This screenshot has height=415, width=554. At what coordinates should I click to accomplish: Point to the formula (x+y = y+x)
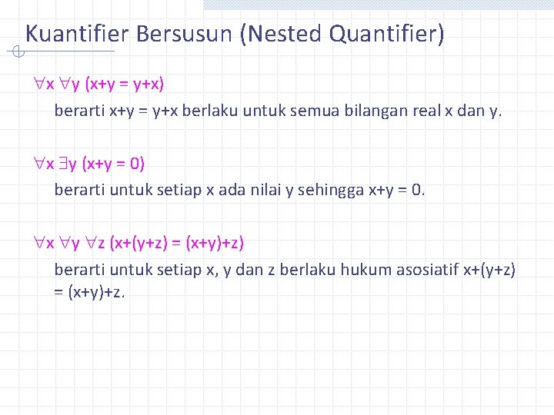click(135, 83)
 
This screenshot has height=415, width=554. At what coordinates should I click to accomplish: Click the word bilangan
click(372, 111)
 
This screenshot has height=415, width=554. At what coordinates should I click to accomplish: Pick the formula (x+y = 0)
click(115, 163)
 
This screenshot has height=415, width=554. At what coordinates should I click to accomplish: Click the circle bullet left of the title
click(18, 52)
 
